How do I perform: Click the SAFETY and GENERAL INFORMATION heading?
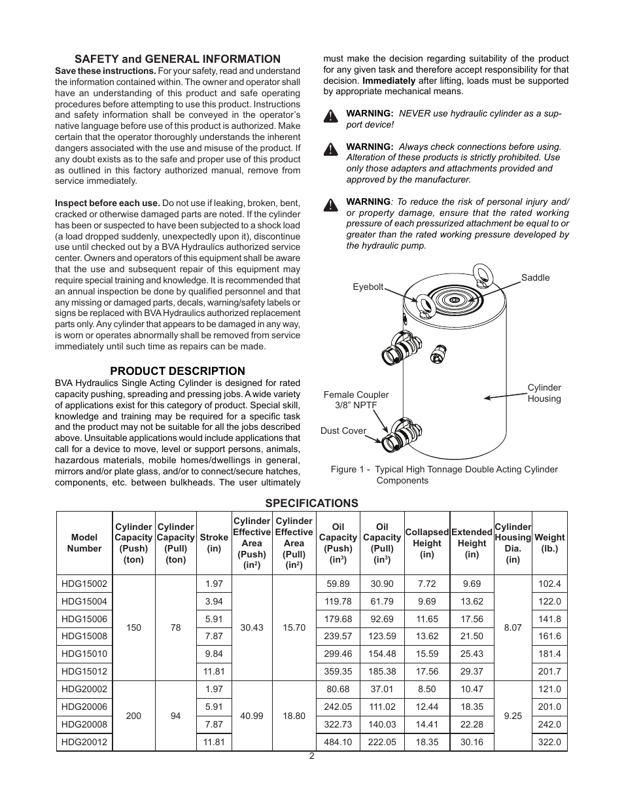[x=177, y=59]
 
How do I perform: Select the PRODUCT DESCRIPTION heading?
[x=177, y=371]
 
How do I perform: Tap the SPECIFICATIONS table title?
[x=311, y=503]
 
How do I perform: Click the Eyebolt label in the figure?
[x=368, y=287]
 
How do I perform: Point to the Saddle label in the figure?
[x=535, y=277]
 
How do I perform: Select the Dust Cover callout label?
[x=343, y=430]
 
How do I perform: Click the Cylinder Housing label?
[x=544, y=393]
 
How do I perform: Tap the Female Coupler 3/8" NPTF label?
[x=356, y=400]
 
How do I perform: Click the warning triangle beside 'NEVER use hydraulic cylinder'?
[x=331, y=117]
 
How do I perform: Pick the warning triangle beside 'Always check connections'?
[x=331, y=150]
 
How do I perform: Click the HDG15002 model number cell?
[x=84, y=584]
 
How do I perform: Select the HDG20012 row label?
[x=84, y=742]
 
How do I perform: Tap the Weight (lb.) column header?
[x=549, y=543]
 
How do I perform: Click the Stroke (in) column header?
[x=214, y=543]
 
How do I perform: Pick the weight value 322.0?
[x=549, y=742]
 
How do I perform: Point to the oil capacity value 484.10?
[x=338, y=742]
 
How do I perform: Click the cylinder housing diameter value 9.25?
[x=513, y=716]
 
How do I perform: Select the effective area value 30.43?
[x=252, y=627]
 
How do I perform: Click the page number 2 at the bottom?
[x=312, y=756]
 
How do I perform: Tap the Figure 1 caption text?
[x=444, y=475]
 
